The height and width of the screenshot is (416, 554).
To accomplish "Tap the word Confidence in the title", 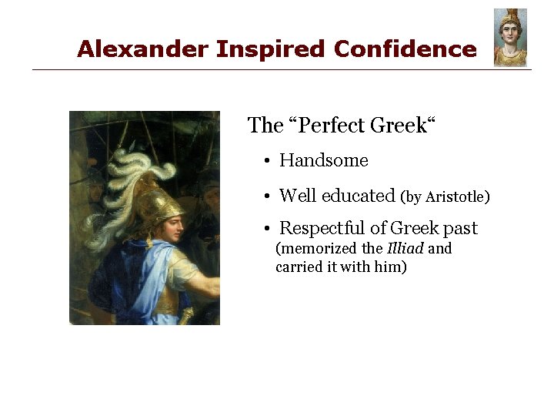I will [405, 49].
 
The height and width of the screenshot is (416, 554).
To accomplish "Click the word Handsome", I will [324, 160].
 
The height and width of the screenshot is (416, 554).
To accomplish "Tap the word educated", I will [358, 196].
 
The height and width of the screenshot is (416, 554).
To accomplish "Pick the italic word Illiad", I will [405, 249].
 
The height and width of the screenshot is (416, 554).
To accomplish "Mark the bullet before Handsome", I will [264, 162].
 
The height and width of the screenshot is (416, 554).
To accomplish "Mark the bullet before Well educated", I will [264, 196].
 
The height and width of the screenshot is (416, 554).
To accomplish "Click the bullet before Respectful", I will [264, 230].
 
